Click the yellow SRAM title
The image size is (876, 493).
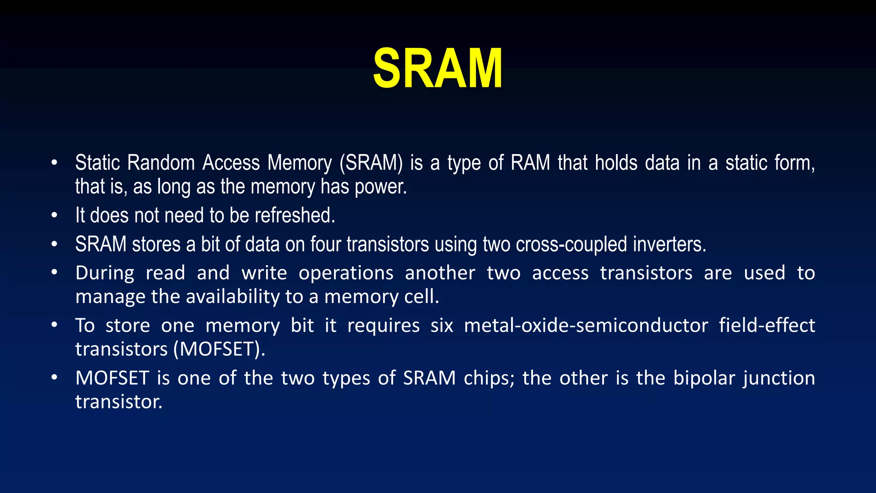pyautogui.click(x=438, y=68)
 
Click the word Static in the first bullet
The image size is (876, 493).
pyautogui.click(x=97, y=163)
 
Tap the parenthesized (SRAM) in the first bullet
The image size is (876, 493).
pyautogui.click(x=371, y=163)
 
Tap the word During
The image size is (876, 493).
pyautogui.click(x=105, y=273)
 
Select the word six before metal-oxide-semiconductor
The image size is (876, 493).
pyautogui.click(x=441, y=326)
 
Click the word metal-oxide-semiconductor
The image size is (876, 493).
pyautogui.click(x=586, y=326)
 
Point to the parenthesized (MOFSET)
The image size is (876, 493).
pyautogui.click(x=219, y=349)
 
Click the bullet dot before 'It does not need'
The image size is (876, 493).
pyautogui.click(x=54, y=215)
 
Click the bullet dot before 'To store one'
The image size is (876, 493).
pyautogui.click(x=54, y=325)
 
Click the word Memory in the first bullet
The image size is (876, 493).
pyautogui.click(x=299, y=163)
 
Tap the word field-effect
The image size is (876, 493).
pyautogui.click(x=767, y=326)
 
